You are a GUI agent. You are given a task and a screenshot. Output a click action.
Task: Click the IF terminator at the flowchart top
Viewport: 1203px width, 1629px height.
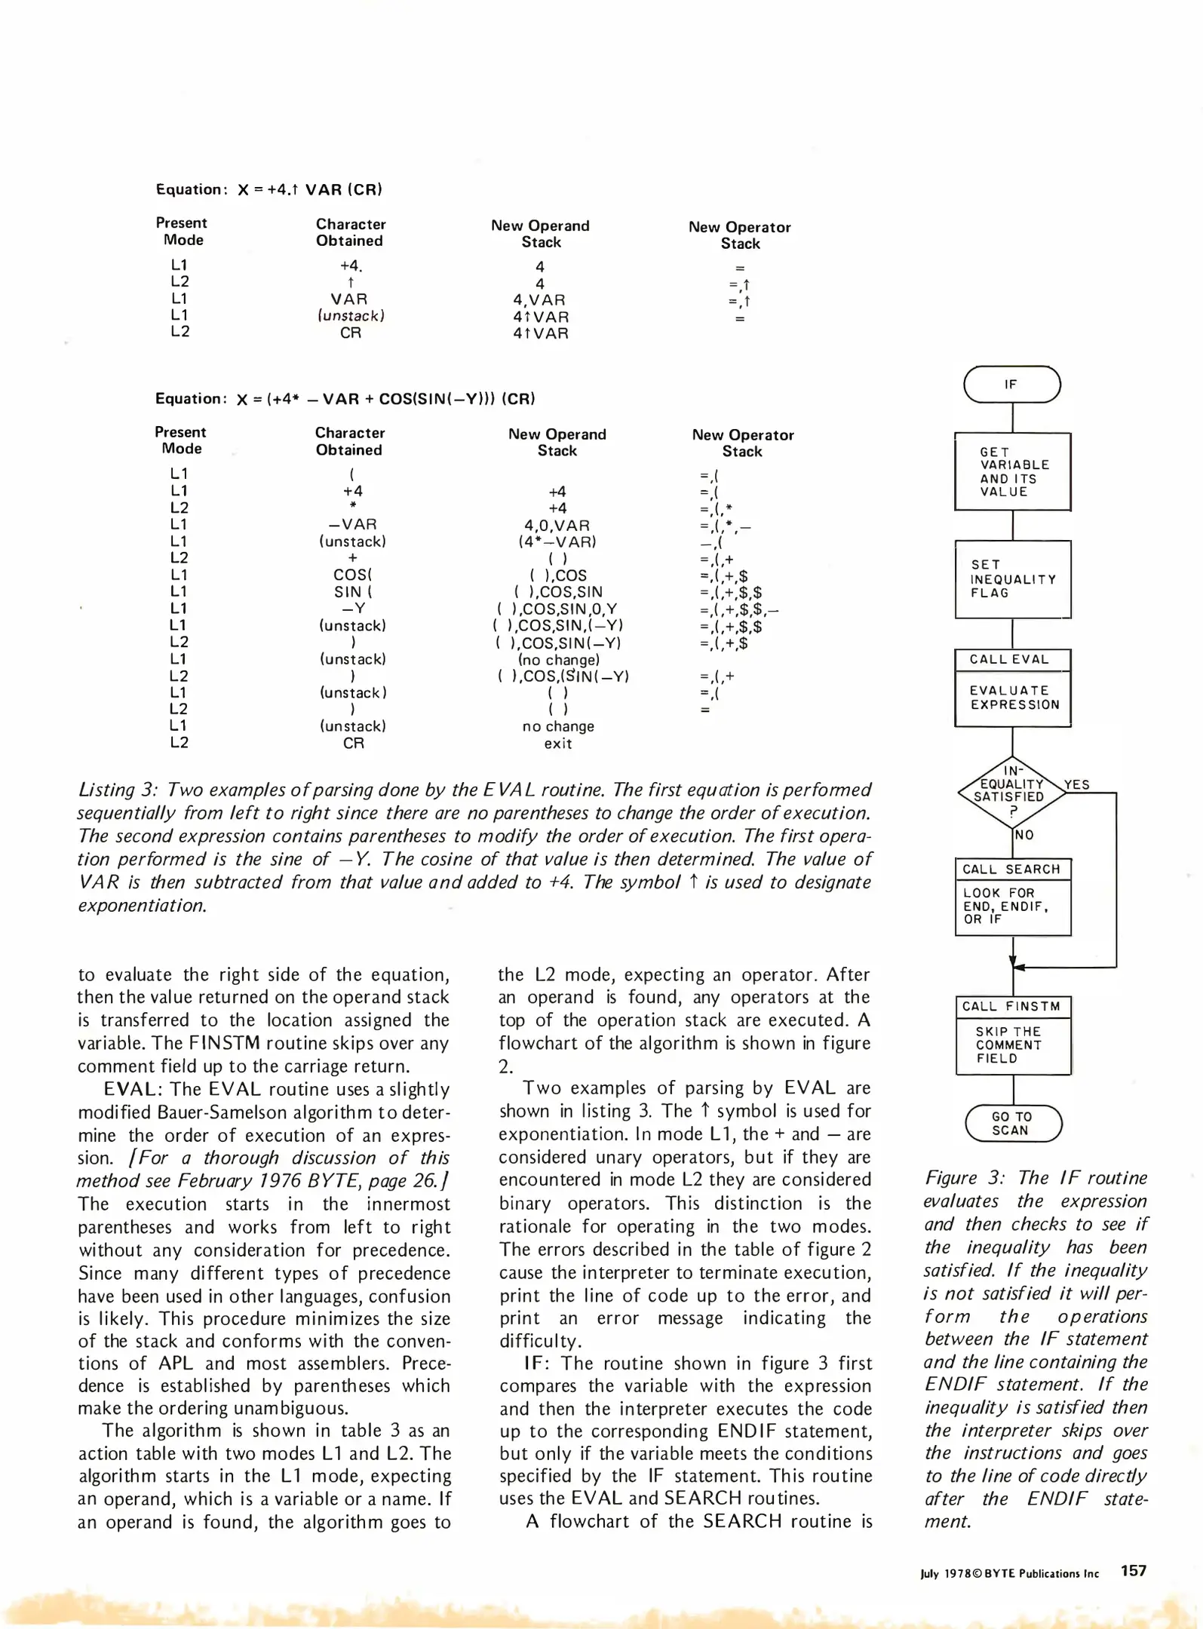(x=1011, y=385)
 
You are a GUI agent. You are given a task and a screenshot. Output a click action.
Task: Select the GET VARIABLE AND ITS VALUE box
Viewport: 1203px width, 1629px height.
(x=1012, y=471)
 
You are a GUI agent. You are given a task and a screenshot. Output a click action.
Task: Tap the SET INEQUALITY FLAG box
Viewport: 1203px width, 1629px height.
(x=1012, y=579)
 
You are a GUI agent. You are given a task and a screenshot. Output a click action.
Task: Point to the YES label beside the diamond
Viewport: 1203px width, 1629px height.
(x=1077, y=784)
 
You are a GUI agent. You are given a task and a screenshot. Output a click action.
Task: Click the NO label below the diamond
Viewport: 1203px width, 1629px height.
(x=1024, y=835)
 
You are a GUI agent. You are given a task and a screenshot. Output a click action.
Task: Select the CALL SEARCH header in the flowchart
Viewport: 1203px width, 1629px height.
(x=1011, y=870)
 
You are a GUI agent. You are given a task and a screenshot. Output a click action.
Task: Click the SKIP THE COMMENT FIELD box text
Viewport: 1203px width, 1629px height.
(x=1009, y=1045)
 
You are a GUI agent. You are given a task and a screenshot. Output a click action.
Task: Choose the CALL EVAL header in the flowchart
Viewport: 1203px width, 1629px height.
(x=1009, y=659)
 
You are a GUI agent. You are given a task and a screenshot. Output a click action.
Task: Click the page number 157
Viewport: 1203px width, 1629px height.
(x=1133, y=1571)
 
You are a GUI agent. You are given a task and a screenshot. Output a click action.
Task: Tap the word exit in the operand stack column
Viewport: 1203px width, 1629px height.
(x=557, y=744)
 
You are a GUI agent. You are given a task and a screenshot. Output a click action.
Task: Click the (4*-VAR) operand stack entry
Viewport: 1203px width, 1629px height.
(x=557, y=541)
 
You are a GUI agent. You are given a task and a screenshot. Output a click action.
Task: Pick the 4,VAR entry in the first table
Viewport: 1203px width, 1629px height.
(x=539, y=300)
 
